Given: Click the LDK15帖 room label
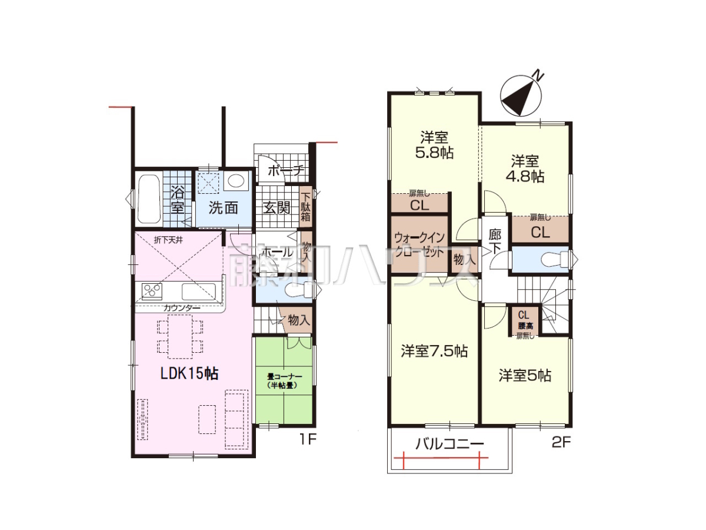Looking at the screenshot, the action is coord(189,373).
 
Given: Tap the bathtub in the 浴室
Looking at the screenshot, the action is coord(149,200).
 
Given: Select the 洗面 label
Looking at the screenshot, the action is coord(223,207).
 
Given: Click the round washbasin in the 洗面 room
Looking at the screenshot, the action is coord(236,181).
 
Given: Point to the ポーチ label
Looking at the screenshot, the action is coord(285,170).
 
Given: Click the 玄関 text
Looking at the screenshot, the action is coord(276,207).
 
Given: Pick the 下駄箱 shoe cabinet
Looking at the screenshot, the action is coord(305,206).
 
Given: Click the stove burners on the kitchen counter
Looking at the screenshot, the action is coord(152,291).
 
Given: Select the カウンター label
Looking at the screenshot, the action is coord(181,307).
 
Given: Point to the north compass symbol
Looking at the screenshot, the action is coord(519,95).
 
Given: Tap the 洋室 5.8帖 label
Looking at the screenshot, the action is coord(434,145).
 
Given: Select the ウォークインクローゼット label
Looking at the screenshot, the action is coord(419,246).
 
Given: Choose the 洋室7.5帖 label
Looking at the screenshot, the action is coord(434,351).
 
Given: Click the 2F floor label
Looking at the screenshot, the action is coord(561,443).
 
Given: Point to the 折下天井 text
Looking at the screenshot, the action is coord(168,240).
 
